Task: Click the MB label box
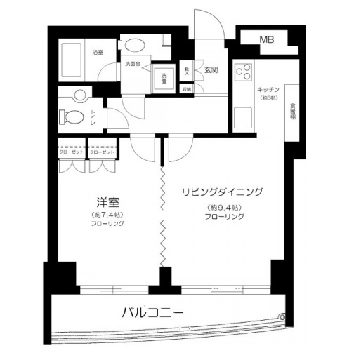(x=268, y=40)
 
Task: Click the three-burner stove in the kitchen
(x=244, y=71)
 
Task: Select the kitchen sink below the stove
(x=243, y=116)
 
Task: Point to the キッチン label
(x=269, y=90)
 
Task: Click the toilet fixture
(x=69, y=114)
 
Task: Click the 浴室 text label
(x=98, y=51)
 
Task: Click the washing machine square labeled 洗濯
(x=164, y=78)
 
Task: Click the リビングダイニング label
(x=223, y=191)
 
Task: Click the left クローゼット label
(x=71, y=152)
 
